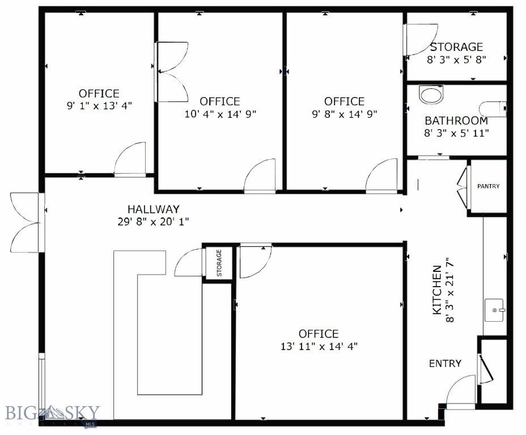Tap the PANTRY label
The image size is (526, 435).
tap(488, 186)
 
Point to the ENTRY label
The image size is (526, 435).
tap(445, 364)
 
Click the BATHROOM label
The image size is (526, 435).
tap(456, 121)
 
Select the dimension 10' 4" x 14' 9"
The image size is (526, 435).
tap(220, 113)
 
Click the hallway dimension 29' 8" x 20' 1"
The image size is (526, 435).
tap(150, 221)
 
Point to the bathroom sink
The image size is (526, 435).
tap(432, 95)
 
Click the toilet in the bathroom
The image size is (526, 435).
tap(492, 108)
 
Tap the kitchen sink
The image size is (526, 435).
tap(495, 310)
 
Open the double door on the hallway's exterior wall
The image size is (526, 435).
tap(25, 223)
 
